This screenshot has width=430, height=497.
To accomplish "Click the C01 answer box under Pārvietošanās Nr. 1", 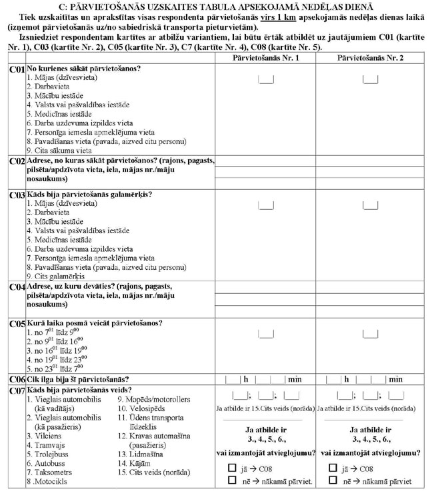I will (265, 80).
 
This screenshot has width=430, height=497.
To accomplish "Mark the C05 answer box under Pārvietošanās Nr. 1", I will (265, 332).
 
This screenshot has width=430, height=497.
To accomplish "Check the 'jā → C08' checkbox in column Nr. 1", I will (231, 468).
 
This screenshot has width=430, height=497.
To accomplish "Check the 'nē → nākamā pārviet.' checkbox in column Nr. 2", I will (333, 480).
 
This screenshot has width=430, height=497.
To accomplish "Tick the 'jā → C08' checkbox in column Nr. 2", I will (333, 468).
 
